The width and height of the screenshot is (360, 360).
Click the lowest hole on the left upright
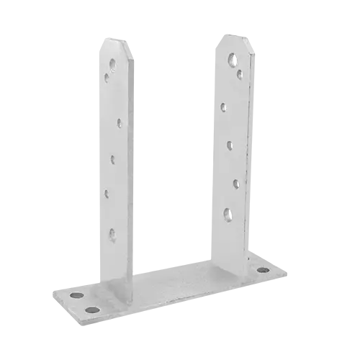pyautogui.click(x=112, y=232)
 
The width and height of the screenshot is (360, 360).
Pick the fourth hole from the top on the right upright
pyautogui.click(x=230, y=145)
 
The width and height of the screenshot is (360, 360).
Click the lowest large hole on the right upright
pyautogui.click(x=228, y=212)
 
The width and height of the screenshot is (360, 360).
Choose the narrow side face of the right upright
pyautogui.click(x=253, y=144)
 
